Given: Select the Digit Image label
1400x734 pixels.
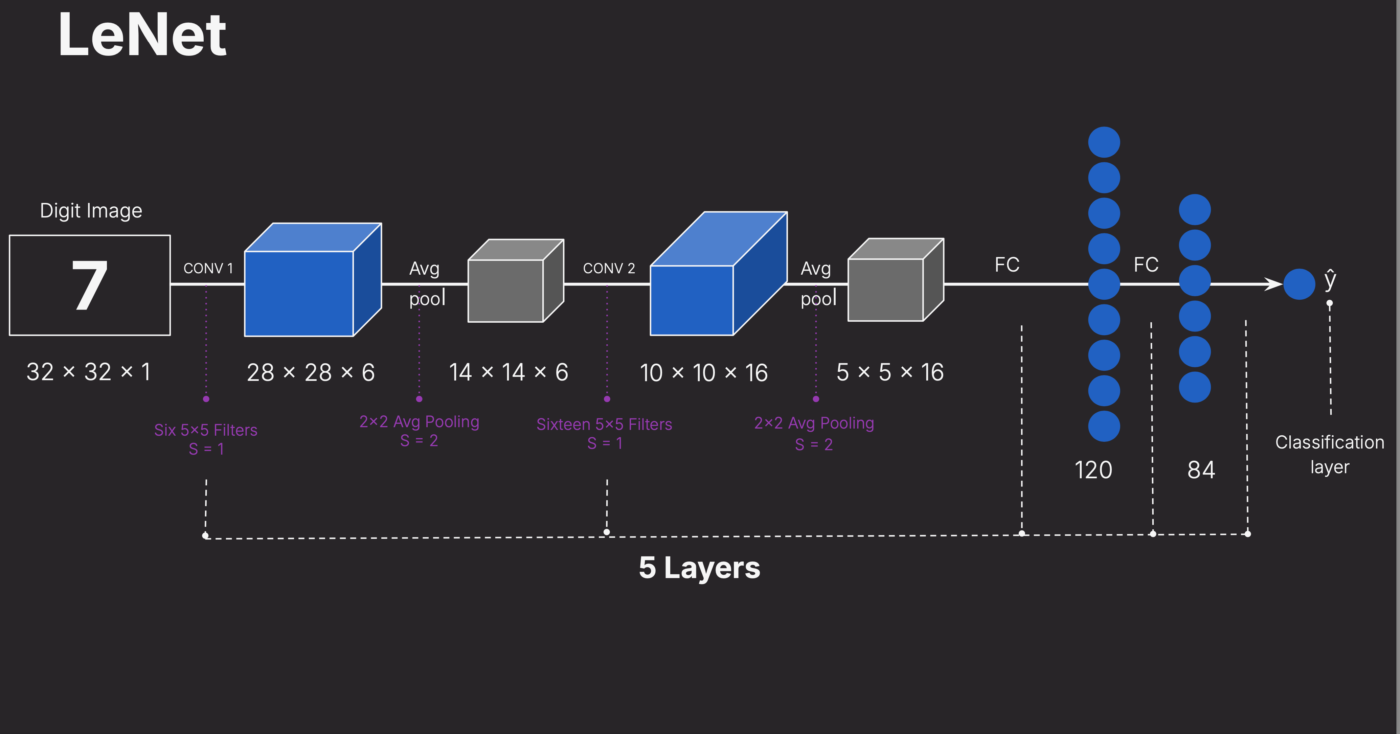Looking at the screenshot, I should [91, 211].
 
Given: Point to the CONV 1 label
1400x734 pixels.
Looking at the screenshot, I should [208, 268].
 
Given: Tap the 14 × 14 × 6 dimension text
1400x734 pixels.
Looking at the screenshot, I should [508, 373].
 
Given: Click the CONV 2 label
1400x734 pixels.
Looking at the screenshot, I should [609, 268].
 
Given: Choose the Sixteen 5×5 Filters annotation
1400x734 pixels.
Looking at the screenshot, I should [604, 424].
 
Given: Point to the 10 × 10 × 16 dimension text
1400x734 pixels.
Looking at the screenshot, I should [703, 373].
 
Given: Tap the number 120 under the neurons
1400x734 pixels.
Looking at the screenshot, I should [1093, 470].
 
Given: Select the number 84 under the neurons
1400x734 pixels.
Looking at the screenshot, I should [1200, 470].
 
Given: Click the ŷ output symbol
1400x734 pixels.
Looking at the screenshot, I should [1330, 279].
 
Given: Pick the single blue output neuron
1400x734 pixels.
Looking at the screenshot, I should [1299, 284].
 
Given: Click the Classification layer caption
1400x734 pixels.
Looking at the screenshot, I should [1329, 454].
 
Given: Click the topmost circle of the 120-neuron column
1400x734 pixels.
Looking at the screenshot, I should [1104, 142].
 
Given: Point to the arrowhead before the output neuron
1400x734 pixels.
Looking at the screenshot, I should [1274, 284].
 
